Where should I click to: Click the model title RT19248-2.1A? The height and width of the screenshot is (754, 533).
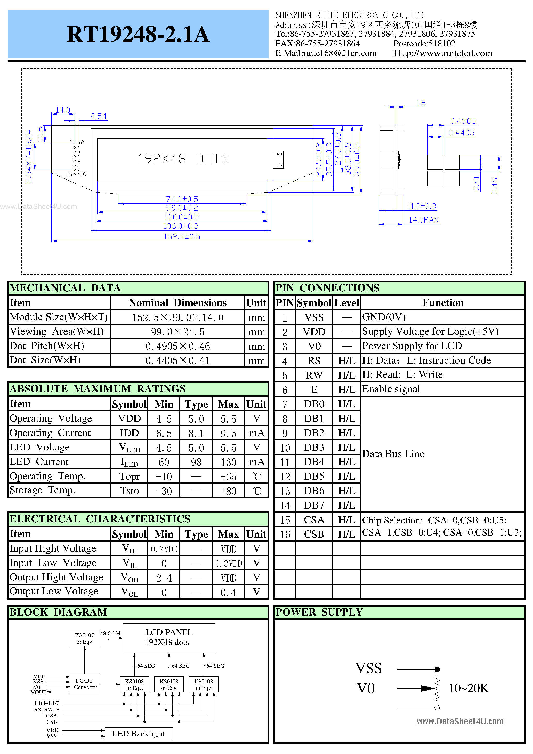tap(138, 34)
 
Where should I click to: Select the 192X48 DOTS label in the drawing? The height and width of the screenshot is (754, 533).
tap(183, 159)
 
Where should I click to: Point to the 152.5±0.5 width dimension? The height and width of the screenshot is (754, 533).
tap(182, 236)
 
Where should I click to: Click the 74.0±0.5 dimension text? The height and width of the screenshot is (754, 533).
tap(182, 199)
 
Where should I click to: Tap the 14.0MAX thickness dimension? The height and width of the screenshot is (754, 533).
tap(423, 220)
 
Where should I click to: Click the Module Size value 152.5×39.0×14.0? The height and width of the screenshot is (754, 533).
tap(177, 317)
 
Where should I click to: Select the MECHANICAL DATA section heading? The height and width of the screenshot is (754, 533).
tap(65, 288)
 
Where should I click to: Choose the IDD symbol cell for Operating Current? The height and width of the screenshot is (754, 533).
tap(129, 433)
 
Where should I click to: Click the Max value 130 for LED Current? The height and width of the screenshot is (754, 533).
tap(228, 462)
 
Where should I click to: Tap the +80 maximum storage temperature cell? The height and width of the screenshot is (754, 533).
tap(228, 491)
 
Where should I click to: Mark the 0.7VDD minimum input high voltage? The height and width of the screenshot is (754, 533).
tap(164, 549)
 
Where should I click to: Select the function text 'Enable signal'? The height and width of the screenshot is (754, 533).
tap(391, 389)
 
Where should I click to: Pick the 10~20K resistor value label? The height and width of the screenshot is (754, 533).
tap(468, 688)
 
